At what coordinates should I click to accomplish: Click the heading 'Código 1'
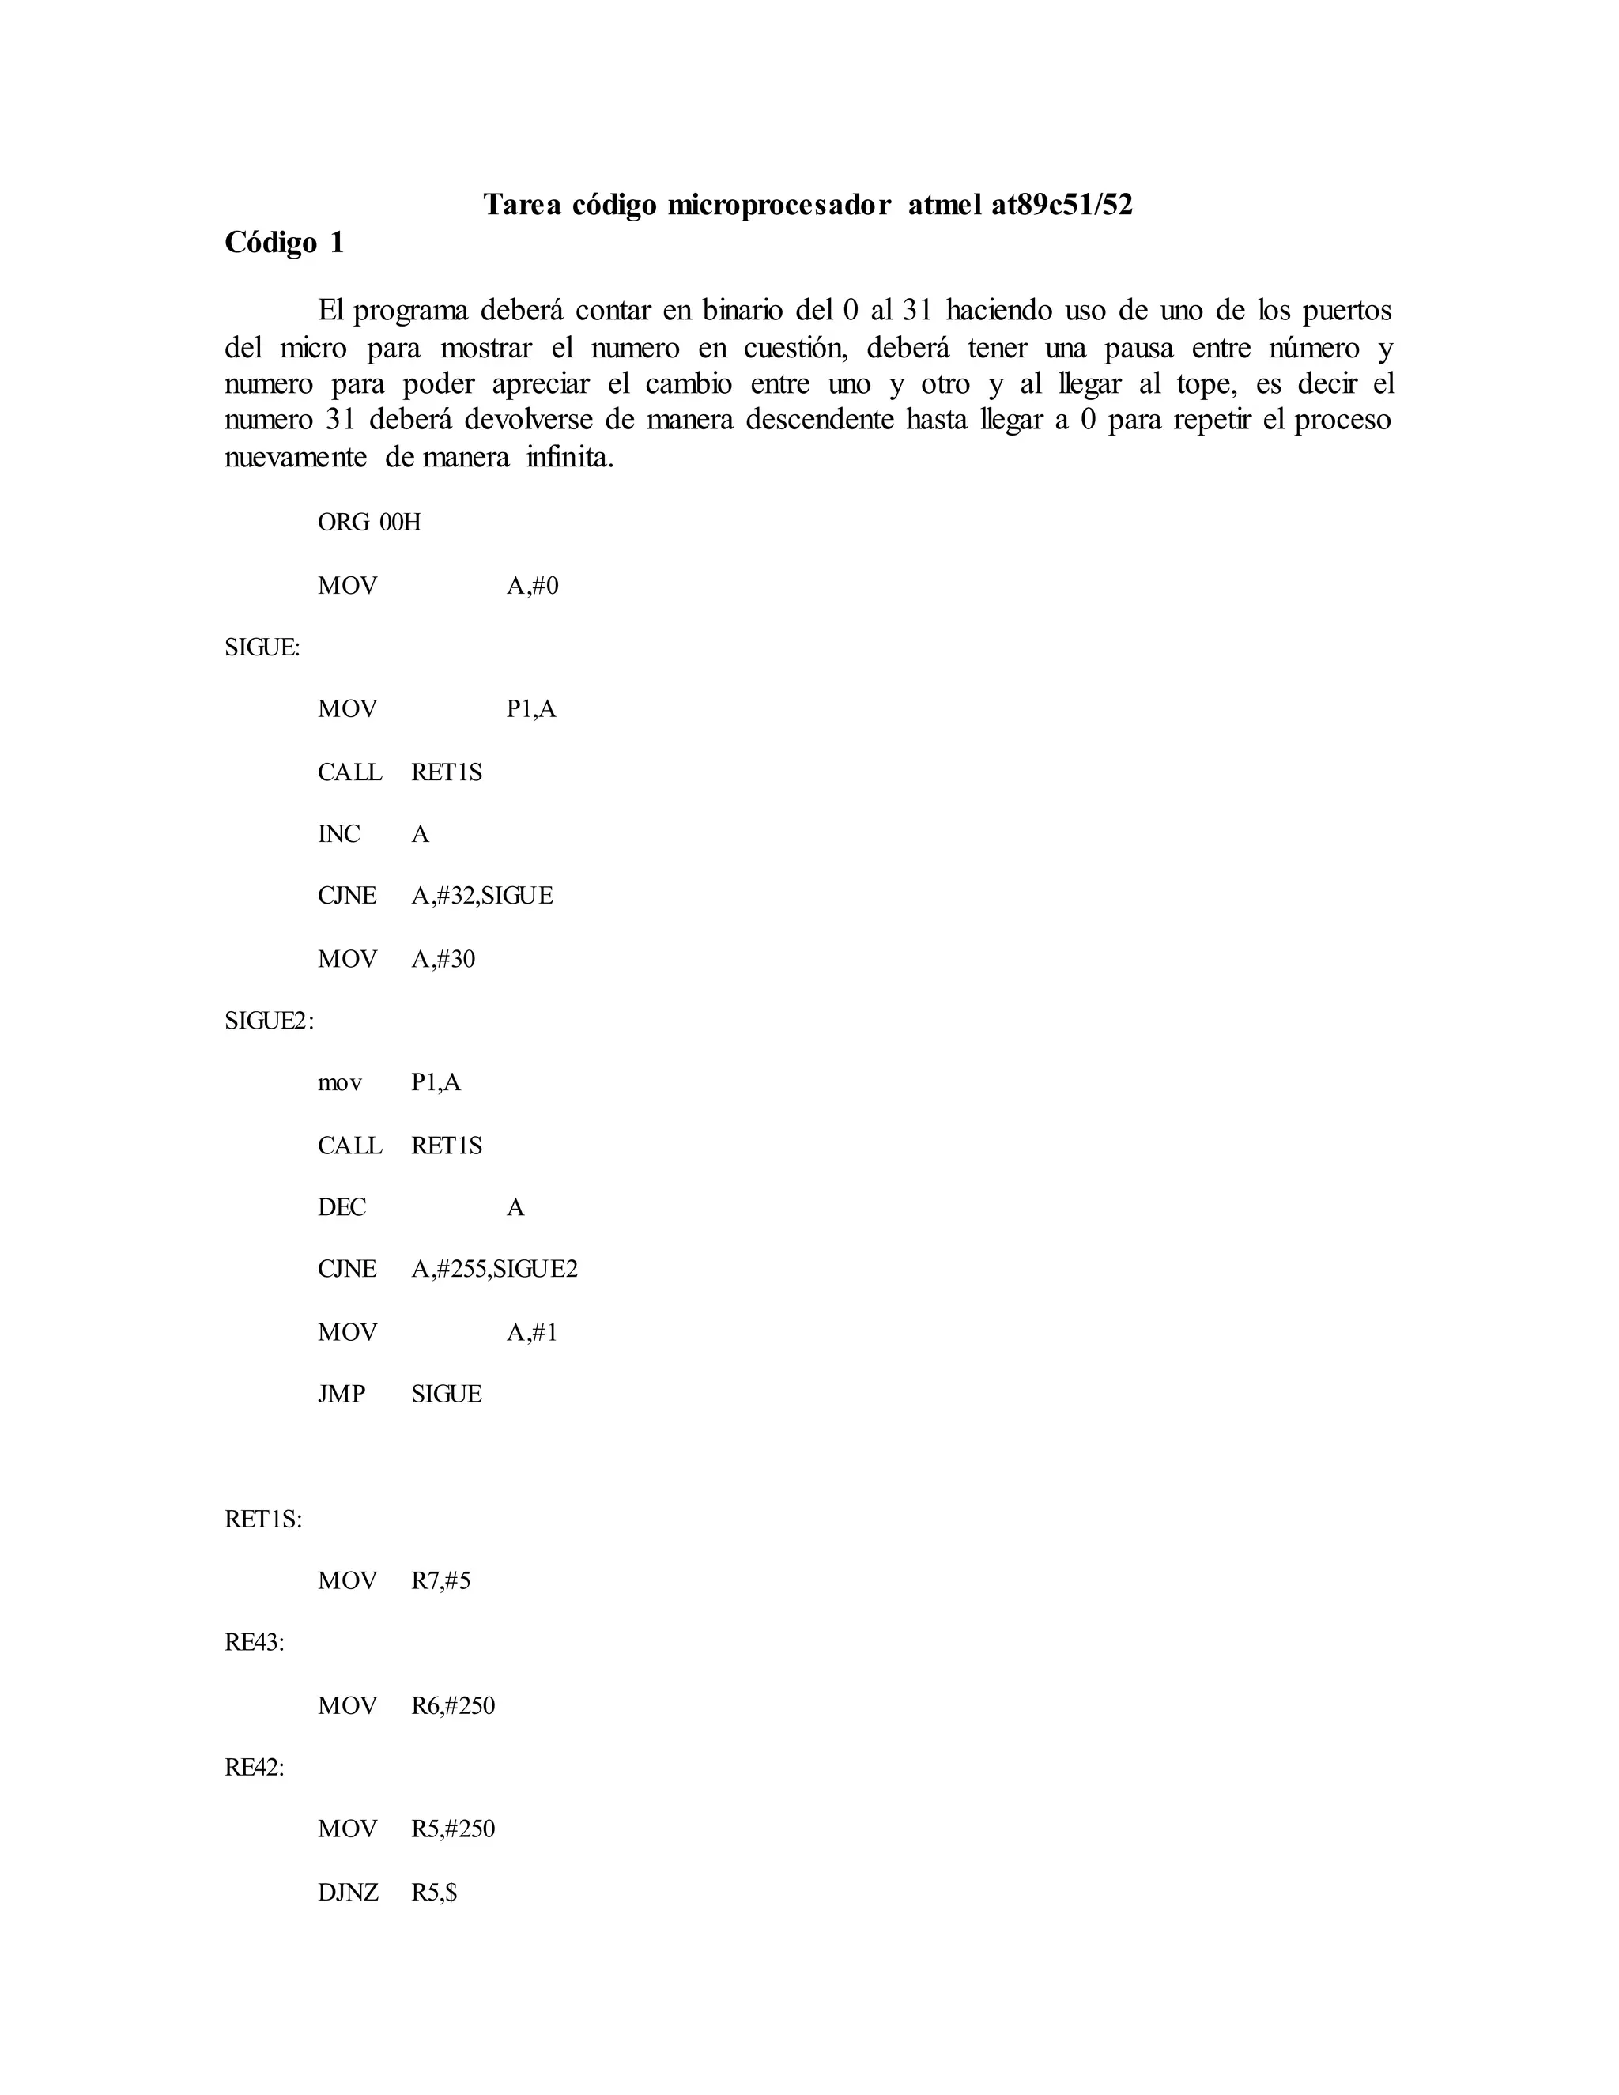[284, 243]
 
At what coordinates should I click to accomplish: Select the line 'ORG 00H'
[369, 523]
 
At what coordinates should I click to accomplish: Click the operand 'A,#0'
[532, 586]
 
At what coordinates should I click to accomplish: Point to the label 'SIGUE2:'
[269, 1021]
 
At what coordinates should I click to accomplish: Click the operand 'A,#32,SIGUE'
[482, 896]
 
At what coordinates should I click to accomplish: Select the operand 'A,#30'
[443, 959]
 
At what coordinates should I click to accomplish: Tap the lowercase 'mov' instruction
[339, 1083]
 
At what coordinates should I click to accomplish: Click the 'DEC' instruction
[342, 1208]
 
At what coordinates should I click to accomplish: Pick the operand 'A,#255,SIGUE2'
[495, 1270]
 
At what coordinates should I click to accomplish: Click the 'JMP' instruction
[342, 1394]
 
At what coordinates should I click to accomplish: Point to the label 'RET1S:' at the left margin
[262, 1519]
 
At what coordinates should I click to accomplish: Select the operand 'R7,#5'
[441, 1581]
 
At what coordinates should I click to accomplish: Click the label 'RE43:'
[255, 1644]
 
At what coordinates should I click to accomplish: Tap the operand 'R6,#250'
[454, 1705]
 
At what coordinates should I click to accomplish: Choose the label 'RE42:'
[255, 1768]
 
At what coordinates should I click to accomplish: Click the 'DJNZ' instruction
[348, 1893]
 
